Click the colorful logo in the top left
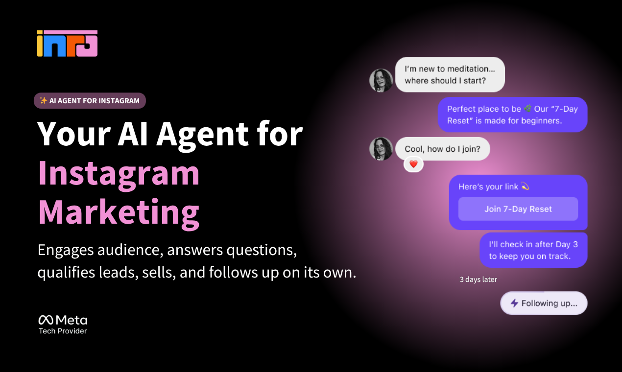click(x=67, y=43)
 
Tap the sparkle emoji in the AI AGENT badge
click(x=43, y=100)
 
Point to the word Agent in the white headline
click(x=202, y=135)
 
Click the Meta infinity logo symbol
click(x=46, y=320)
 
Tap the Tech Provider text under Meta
click(x=63, y=331)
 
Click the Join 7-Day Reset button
click(x=518, y=209)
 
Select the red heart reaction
click(x=413, y=164)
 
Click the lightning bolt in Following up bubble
click(x=515, y=303)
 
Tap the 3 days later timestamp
click(x=478, y=279)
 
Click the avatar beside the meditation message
click(x=381, y=80)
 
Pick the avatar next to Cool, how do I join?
click(x=381, y=149)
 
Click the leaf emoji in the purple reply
click(x=527, y=108)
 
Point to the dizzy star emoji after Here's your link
click(x=525, y=186)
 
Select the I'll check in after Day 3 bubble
click(x=533, y=250)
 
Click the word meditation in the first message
click(x=469, y=69)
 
